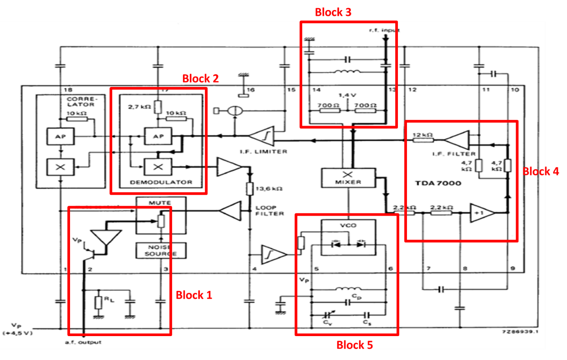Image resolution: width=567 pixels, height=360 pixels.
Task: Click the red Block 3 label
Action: [x=333, y=12]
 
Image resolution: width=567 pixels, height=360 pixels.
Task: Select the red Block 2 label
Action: [x=200, y=79]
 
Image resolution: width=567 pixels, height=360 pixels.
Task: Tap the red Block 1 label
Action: [x=194, y=295]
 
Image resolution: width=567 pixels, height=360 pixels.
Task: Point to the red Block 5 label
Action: [x=354, y=345]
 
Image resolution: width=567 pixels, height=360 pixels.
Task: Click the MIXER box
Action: [x=348, y=177]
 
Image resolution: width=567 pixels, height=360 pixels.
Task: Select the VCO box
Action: [x=348, y=237]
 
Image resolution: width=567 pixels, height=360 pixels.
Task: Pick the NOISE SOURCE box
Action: [x=161, y=250]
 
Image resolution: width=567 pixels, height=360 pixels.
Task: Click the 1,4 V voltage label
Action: [x=348, y=95]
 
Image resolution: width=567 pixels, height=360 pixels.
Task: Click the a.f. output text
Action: [x=83, y=342]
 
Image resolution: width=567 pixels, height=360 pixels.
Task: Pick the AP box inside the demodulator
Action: [x=158, y=136]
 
